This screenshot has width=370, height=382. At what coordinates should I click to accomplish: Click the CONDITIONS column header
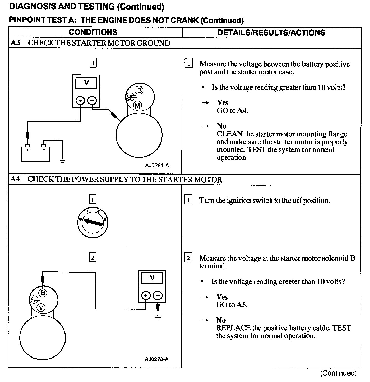coord(93,32)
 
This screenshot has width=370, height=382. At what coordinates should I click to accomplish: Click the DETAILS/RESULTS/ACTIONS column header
coord(271,32)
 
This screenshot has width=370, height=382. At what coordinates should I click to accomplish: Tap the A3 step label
coord(15,43)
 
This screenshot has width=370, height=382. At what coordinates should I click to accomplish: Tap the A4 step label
coord(15,179)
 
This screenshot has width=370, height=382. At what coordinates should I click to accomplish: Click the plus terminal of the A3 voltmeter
coord(80,100)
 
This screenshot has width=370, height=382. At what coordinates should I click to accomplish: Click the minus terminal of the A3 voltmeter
coord(92,100)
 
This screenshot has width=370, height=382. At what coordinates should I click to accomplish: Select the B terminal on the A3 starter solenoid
coord(139,90)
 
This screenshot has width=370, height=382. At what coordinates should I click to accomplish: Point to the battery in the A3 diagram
coord(35,154)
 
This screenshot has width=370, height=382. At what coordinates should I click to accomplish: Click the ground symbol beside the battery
coord(62,161)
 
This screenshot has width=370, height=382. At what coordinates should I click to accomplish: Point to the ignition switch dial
coord(92,222)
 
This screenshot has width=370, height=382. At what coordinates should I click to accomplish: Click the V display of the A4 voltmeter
coord(152,278)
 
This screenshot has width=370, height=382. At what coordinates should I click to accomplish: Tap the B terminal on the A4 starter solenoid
coord(43,293)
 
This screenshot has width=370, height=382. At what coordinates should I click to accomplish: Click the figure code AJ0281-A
coord(157,166)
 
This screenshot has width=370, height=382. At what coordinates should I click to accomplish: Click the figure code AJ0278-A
coord(156,359)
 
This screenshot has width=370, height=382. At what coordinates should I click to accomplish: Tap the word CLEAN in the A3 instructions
coord(229,134)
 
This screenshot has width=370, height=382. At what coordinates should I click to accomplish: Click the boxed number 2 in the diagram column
coord(92,257)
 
